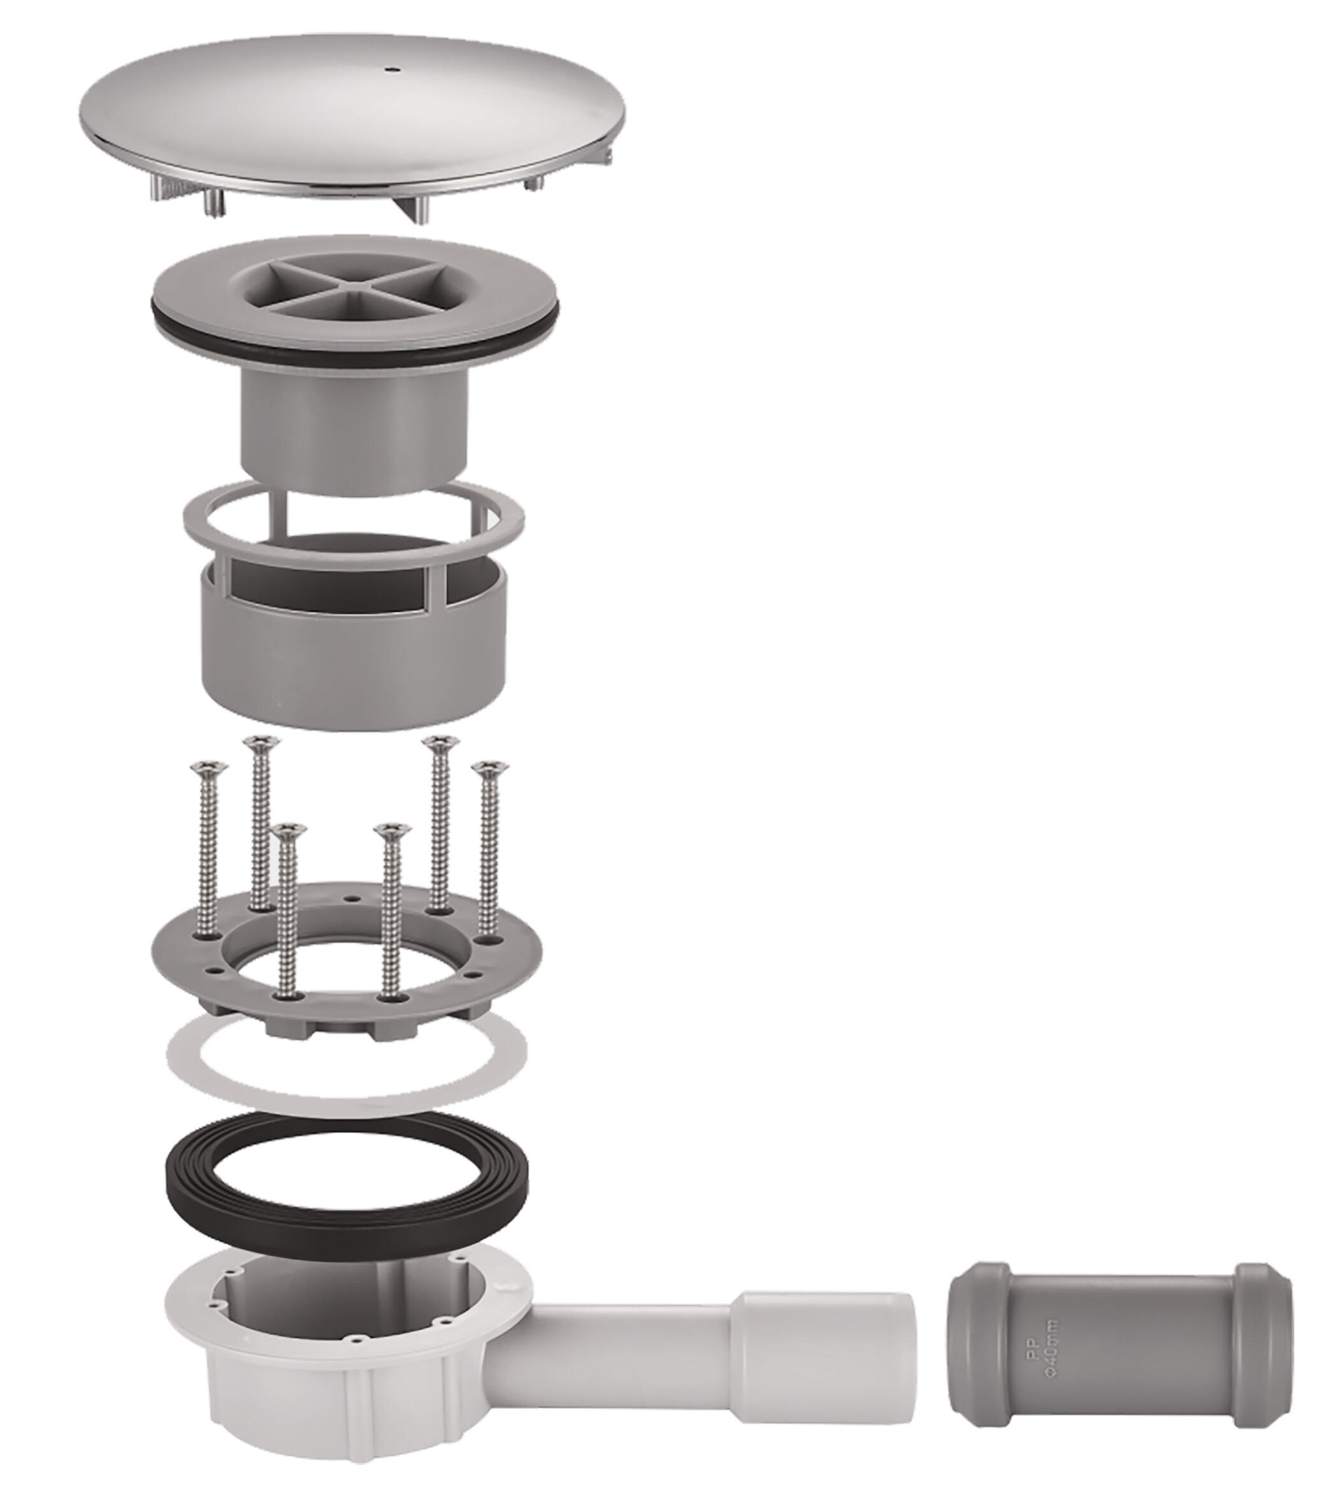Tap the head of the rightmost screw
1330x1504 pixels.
point(489,768)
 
